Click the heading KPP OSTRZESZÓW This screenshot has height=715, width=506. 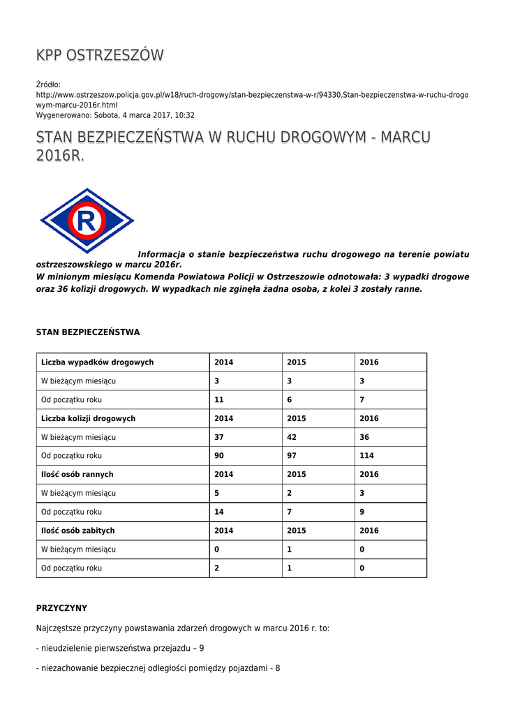[x=100, y=55]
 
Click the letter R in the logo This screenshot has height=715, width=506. [x=87, y=221]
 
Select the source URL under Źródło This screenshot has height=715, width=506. [x=252, y=99]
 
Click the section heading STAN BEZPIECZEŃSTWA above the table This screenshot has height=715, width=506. [x=88, y=332]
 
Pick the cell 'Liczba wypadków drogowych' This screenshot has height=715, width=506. [x=98, y=362]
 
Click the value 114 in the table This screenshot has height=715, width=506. [x=366, y=456]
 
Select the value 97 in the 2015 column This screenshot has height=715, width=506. [x=292, y=456]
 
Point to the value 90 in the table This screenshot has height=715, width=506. [x=219, y=456]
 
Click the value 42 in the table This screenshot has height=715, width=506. [x=292, y=437]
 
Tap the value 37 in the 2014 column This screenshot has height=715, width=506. [x=219, y=437]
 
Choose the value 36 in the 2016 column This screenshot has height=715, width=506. [x=364, y=437]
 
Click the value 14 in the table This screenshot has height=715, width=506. [x=219, y=512]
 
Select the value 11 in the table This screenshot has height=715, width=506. [x=219, y=400]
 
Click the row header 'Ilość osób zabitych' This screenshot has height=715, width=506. [x=78, y=531]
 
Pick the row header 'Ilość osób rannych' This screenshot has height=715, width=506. [x=77, y=475]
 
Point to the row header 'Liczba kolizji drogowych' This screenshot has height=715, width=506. [x=89, y=418]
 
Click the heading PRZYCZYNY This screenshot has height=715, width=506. [x=61, y=608]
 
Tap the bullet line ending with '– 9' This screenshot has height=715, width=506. [x=120, y=648]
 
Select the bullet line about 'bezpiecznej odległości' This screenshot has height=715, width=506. [x=158, y=668]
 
